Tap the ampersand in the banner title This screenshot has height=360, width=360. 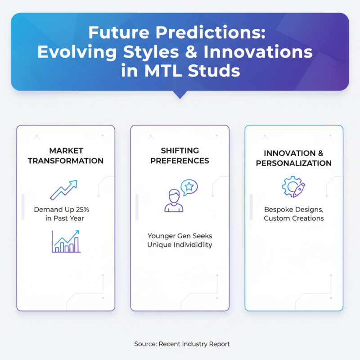pyautogui.click(x=193, y=51)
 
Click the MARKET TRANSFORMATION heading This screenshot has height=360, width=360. pyautogui.click(x=66, y=156)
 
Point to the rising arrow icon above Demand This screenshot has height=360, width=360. pyautogui.click(x=63, y=189)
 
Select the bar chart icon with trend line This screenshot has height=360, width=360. pyautogui.click(x=66, y=241)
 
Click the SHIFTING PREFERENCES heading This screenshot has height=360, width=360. pyautogui.click(x=180, y=156)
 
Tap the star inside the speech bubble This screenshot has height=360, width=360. pyautogui.click(x=189, y=185)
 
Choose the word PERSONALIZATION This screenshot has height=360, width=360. pyautogui.click(x=294, y=163)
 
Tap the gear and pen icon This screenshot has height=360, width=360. pyautogui.click(x=293, y=187)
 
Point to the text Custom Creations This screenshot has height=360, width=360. pyautogui.click(x=294, y=218)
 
